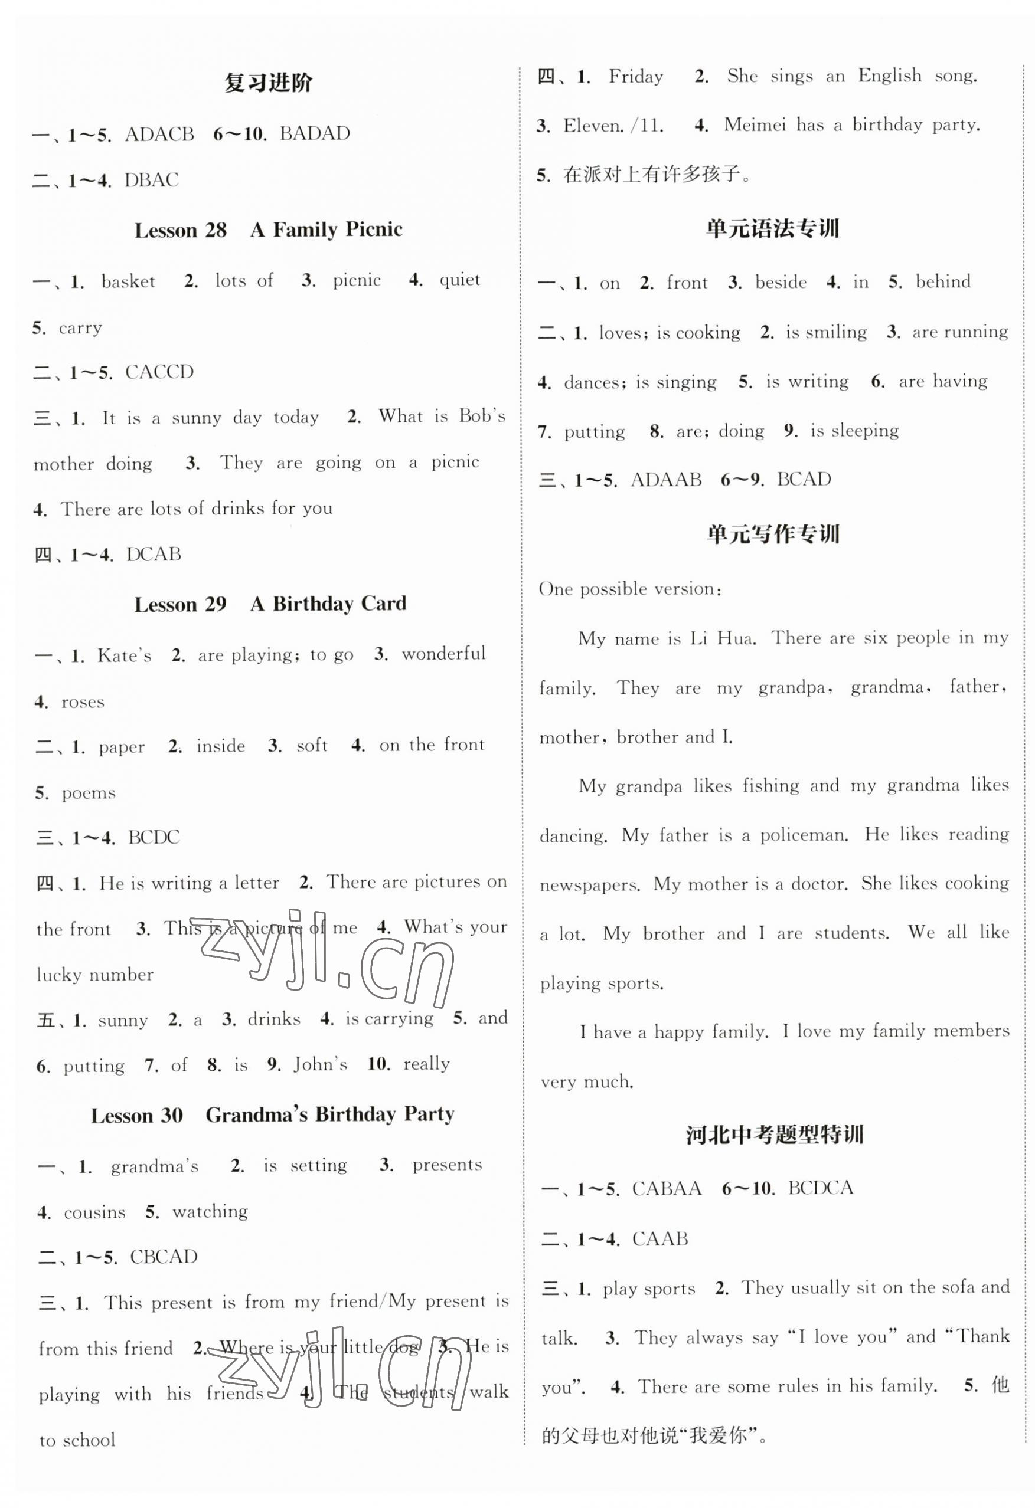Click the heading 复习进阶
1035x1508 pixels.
pos(268,83)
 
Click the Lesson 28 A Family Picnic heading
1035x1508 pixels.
pos(268,230)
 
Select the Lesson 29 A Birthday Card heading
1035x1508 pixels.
pos(270,604)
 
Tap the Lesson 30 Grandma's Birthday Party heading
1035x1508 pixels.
pos(272,1115)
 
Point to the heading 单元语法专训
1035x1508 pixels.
pos(773,228)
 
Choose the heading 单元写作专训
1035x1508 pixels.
pos(773,534)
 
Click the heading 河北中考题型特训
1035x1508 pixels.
pos(774,1135)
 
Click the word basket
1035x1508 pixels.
pos(128,281)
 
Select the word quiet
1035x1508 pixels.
pos(460,280)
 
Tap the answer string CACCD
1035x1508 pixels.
pos(159,372)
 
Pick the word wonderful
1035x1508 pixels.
pos(443,654)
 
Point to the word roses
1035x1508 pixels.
pos(83,702)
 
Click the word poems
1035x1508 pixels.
pos(89,793)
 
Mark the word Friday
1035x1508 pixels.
pos(636,77)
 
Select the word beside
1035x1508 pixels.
pos(781,282)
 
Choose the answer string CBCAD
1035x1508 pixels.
pos(164,1257)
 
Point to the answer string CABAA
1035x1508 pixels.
pos(666,1188)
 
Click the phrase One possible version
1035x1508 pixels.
pos(629,589)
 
